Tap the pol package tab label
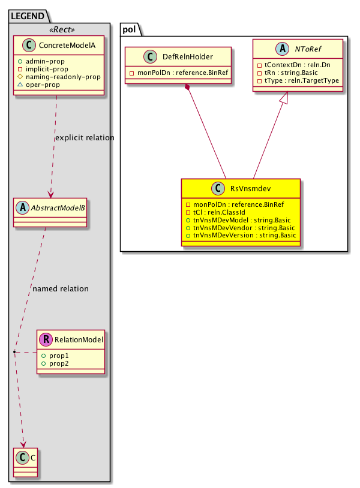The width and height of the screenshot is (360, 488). click(x=130, y=28)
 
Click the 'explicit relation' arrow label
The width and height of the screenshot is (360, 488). click(x=84, y=138)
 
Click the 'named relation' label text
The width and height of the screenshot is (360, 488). click(x=61, y=289)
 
